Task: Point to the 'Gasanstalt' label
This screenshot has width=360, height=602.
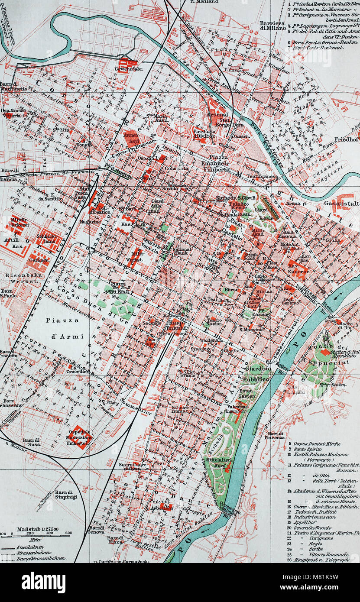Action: (341, 203)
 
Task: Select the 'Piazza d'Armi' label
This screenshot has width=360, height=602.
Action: (63, 328)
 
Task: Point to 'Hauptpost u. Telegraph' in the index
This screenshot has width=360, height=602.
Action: (321, 560)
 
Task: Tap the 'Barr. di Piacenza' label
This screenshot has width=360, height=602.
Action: (276, 435)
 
